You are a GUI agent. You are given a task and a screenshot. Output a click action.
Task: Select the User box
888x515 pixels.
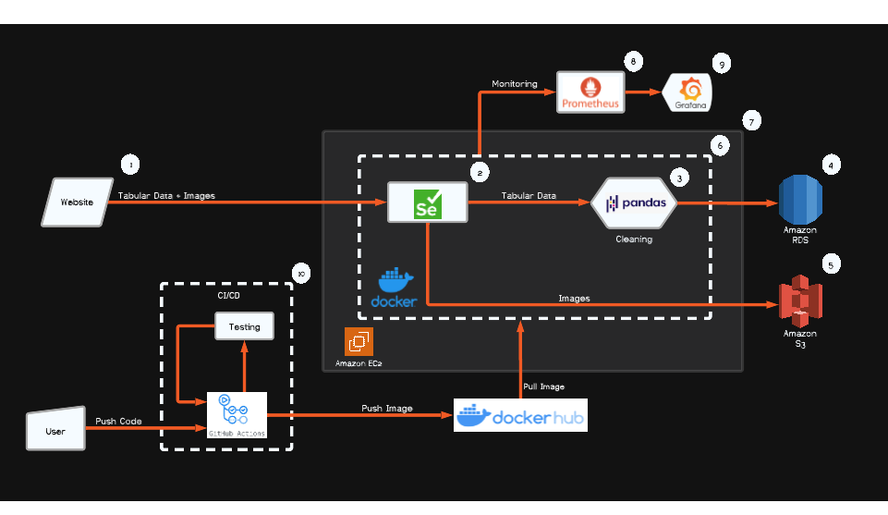(55, 431)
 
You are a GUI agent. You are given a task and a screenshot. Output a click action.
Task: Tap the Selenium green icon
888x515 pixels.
(427, 202)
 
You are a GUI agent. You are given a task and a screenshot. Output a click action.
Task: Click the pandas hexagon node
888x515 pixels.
(634, 202)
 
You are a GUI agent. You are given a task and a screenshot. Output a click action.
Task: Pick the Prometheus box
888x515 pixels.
(590, 92)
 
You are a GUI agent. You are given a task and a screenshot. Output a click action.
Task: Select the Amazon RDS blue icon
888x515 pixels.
(799, 198)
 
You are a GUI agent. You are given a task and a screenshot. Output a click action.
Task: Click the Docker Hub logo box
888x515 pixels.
(520, 416)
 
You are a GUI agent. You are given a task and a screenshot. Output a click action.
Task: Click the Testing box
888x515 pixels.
(244, 326)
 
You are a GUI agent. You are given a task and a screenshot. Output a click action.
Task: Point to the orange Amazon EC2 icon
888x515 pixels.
(358, 342)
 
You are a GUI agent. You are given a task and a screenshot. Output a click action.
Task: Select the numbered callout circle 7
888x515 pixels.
(752, 121)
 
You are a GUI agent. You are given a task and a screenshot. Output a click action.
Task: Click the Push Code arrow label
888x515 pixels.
(118, 422)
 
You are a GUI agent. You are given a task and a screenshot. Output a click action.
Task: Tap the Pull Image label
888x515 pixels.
(544, 386)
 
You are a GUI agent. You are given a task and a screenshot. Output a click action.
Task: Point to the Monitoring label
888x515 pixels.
(514, 84)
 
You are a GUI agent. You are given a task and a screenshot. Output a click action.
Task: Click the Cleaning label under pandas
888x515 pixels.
(634, 239)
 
